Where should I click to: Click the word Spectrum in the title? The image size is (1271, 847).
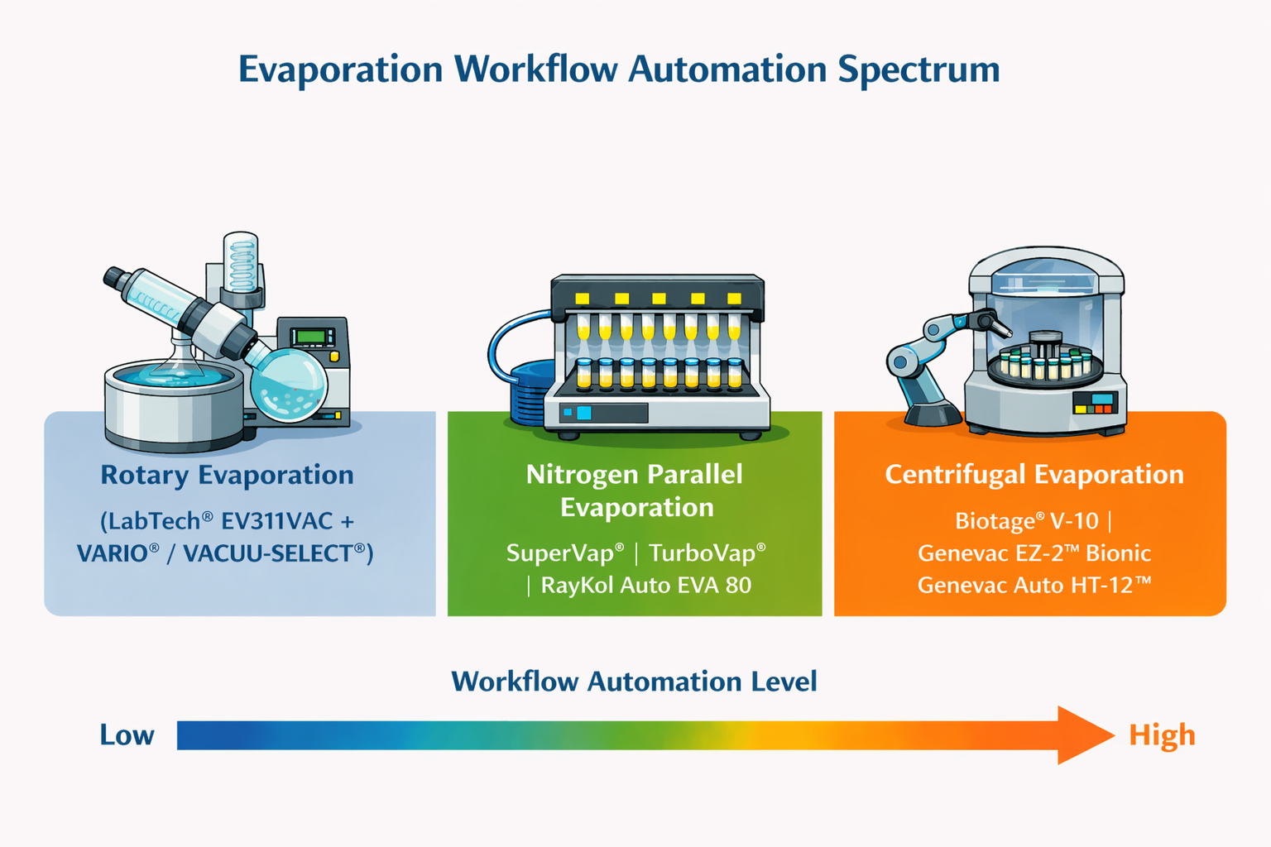(918, 70)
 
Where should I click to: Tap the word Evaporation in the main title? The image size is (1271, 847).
(340, 70)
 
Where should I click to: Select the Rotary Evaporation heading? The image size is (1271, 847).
(227, 474)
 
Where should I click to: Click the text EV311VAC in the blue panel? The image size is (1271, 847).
(277, 521)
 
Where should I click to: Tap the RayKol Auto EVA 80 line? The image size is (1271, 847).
(646, 585)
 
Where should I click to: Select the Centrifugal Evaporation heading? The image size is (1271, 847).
(1034, 474)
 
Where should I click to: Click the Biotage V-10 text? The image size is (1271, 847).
(1027, 521)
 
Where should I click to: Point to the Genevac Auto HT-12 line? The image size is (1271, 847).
(1034, 585)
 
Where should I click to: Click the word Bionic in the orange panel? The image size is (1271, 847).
(1119, 553)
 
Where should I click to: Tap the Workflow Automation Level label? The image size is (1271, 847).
(635, 682)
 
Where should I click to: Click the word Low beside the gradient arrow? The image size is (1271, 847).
(127, 735)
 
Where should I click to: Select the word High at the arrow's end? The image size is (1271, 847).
(1162, 736)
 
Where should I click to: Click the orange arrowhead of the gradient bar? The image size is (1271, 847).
(1081, 735)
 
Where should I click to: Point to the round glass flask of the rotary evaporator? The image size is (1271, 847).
(289, 385)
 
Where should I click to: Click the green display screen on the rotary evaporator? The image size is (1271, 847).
(311, 337)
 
